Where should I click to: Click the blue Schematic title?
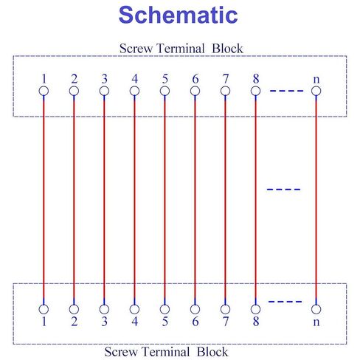click(178, 15)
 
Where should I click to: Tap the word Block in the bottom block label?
click(212, 352)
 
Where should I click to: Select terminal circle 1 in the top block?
click(44, 91)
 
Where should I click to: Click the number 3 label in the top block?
click(104, 79)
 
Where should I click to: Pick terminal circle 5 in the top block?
click(165, 91)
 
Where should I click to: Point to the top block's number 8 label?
click(256, 79)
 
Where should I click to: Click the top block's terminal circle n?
click(316, 91)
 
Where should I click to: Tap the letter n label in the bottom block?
click(316, 322)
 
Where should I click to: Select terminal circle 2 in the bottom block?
click(74, 309)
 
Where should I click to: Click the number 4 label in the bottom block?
click(134, 322)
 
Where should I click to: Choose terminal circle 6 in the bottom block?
click(195, 309)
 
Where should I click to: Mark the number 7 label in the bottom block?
click(226, 322)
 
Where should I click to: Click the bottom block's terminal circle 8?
click(255, 309)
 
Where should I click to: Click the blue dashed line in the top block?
click(286, 91)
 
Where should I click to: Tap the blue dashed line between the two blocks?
click(283, 190)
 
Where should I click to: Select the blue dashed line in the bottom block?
click(285, 302)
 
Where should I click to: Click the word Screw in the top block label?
click(136, 49)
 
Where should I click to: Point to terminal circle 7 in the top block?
click(225, 91)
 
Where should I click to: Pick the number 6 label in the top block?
click(195, 79)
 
